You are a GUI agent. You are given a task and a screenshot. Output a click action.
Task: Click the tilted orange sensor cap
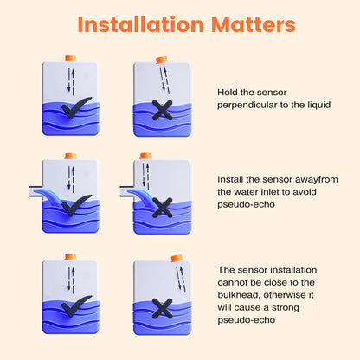(161, 59)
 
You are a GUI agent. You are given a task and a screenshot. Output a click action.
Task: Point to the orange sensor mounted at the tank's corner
(177, 257)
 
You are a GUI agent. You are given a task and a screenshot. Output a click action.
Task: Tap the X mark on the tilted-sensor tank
(161, 111)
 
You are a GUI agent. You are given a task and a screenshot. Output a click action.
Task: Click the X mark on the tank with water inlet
(161, 207)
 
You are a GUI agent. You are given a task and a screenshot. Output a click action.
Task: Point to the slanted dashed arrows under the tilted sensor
(164, 79)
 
